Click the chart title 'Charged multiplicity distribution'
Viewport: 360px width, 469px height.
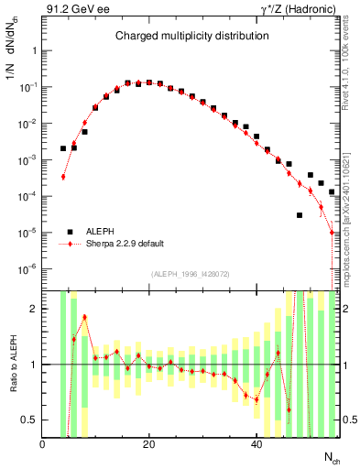(x=191, y=36)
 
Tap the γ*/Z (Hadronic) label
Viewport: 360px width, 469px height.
(x=296, y=9)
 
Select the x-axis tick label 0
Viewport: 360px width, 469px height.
(x=42, y=444)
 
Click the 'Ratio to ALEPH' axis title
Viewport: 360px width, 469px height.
(x=12, y=364)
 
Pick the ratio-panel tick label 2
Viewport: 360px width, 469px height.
(x=33, y=309)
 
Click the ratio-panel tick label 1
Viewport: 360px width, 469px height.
(x=33, y=365)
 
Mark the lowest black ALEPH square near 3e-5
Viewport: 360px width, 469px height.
(x=300, y=215)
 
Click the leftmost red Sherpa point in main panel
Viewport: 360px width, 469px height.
(x=63, y=177)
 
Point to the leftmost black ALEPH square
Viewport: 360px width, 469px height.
(x=63, y=148)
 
